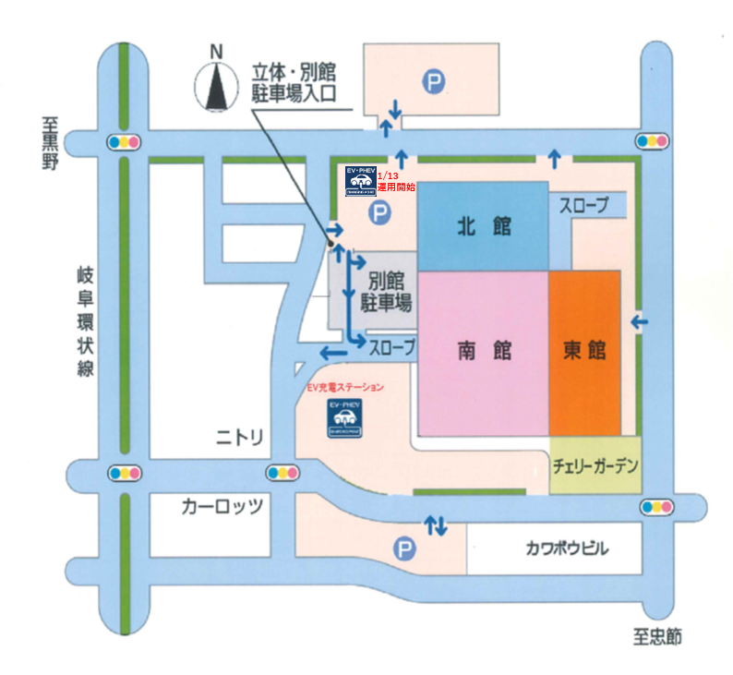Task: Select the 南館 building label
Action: click(484, 351)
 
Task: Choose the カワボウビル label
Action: click(554, 548)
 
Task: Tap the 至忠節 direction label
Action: click(657, 637)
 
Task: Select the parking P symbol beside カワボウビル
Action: click(403, 549)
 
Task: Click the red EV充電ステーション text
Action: click(344, 389)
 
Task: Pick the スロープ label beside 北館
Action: click(583, 206)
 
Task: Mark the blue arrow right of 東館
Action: click(637, 322)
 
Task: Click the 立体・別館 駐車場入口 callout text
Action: click(297, 81)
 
